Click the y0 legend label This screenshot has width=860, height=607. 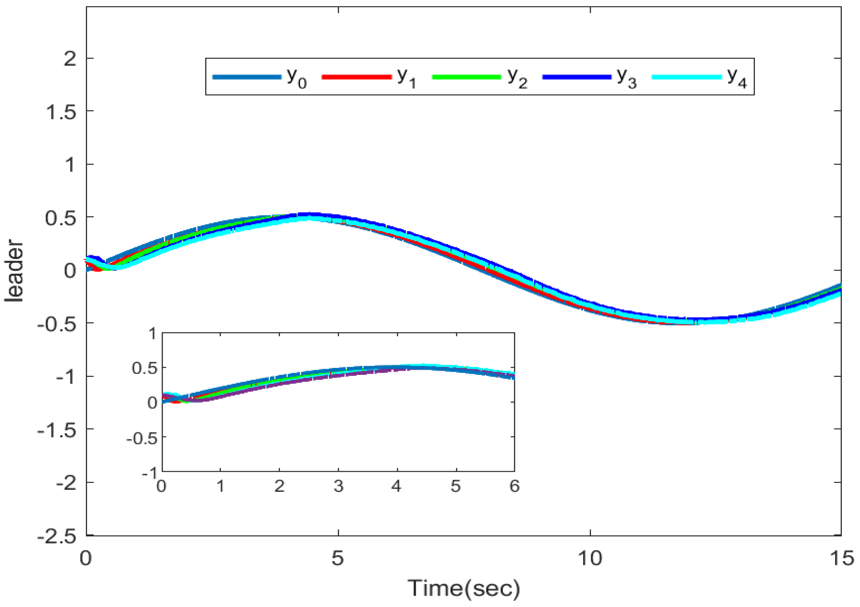pos(297,79)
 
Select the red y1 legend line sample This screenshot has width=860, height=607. pos(357,77)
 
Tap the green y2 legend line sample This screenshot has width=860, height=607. pos(466,77)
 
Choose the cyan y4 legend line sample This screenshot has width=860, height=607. pos(687,77)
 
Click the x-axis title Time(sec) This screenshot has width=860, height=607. pos(464,588)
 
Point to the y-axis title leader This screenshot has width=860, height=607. pos(14,270)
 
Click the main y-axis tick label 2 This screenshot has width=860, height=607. pos(70,59)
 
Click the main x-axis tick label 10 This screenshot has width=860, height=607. pos(590,558)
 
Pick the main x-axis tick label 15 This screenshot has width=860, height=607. pos(842,558)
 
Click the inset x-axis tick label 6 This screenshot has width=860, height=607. pos(514,486)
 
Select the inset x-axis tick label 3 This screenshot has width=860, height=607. pos(338,486)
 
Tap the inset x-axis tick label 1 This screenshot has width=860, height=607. pos(220,486)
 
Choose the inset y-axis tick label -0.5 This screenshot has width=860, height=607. pos(142,438)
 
